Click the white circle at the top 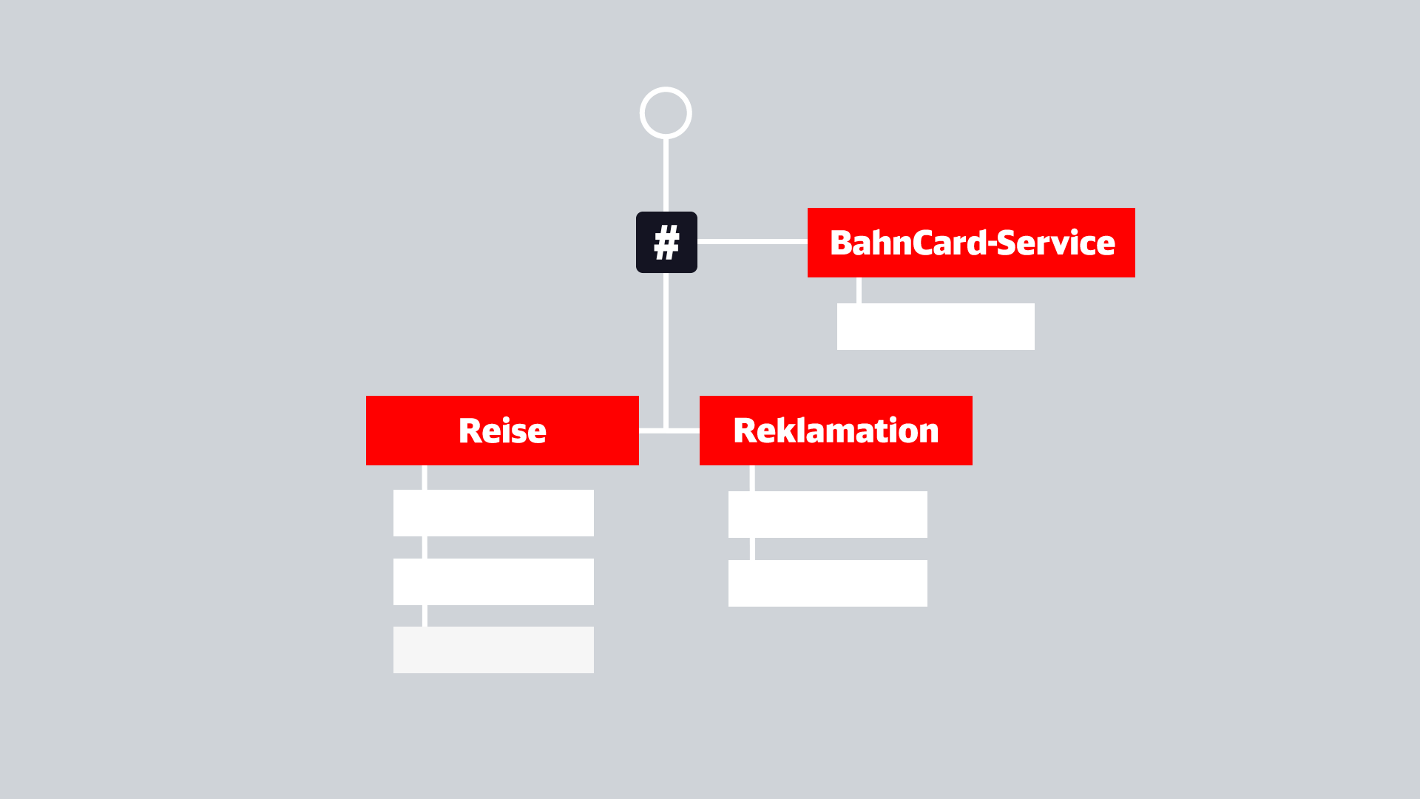click(666, 89)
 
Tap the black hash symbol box click(666, 242)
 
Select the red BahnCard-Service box click(971, 243)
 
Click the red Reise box click(502, 431)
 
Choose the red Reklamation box click(836, 431)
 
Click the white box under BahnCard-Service click(936, 326)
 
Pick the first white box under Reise click(493, 513)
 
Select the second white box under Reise click(493, 581)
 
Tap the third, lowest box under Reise click(493, 650)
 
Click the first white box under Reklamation click(828, 514)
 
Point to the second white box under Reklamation click(828, 583)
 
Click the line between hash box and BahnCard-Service click(752, 242)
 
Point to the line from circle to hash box click(666, 175)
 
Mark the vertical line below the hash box click(666, 351)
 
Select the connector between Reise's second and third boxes click(425, 616)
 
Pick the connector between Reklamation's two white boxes click(752, 549)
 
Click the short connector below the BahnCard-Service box click(859, 290)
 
